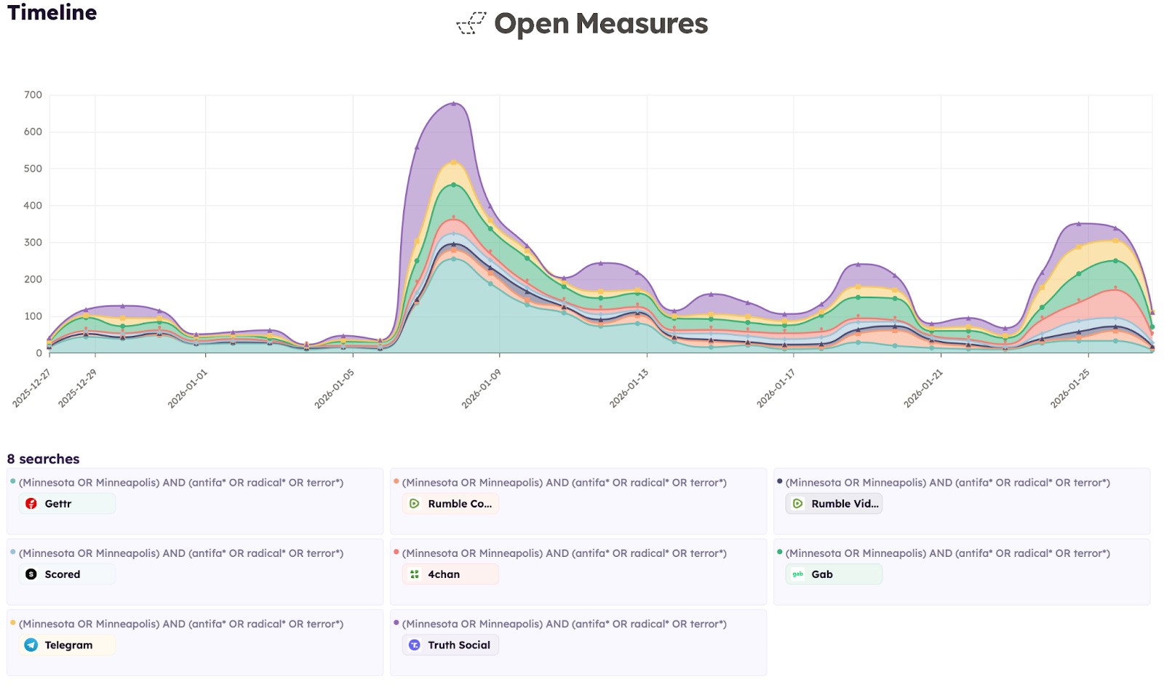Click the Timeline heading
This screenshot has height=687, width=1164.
click(52, 13)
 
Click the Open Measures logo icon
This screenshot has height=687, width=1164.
click(471, 23)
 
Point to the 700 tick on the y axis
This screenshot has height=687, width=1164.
click(33, 95)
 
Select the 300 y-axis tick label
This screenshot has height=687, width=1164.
click(33, 242)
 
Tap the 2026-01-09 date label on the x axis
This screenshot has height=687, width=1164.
click(482, 388)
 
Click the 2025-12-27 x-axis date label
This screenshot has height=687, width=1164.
click(32, 388)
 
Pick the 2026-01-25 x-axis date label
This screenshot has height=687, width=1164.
click(1070, 388)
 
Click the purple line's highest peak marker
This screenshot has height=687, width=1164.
click(454, 103)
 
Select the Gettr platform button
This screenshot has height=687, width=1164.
click(67, 504)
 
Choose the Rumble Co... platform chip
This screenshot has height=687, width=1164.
click(450, 504)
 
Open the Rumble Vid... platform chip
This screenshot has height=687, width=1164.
click(834, 504)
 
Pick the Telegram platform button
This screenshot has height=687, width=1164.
click(68, 645)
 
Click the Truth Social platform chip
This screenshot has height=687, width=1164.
click(450, 645)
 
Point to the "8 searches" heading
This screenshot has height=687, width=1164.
click(44, 459)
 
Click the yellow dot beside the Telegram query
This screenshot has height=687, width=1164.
click(13, 623)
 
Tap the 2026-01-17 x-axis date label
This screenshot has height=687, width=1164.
click(776, 388)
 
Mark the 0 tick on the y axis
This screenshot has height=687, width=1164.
click(39, 353)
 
